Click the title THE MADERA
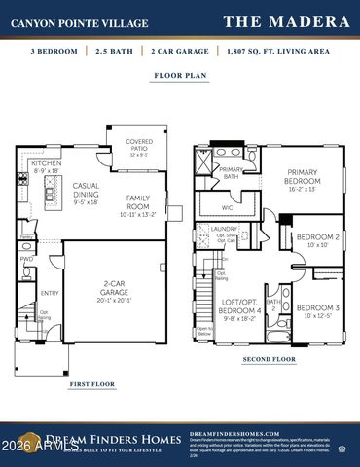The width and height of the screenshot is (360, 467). (x=286, y=20)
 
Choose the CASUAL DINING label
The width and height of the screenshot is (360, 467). (x=86, y=190)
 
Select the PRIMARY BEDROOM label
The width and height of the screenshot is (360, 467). (x=302, y=177)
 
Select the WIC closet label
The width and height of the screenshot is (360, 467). (x=227, y=207)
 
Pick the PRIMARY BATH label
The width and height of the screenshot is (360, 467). (x=232, y=173)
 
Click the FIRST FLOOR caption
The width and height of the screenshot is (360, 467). (x=91, y=384)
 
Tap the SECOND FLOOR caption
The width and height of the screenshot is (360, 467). (x=270, y=359)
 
